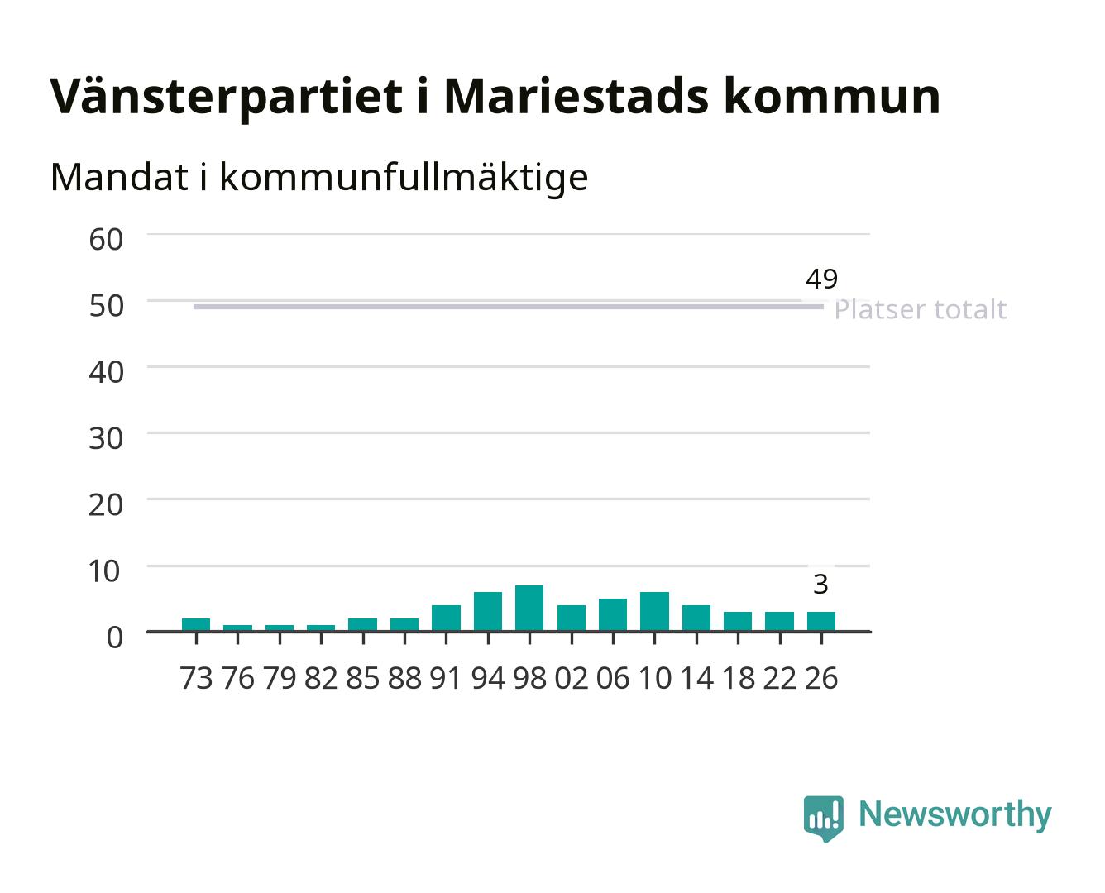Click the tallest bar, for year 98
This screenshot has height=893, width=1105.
(529, 608)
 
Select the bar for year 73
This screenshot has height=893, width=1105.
(196, 624)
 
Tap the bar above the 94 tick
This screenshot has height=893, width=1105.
(488, 611)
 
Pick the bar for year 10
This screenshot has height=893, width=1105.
(654, 611)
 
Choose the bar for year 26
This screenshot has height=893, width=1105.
(821, 621)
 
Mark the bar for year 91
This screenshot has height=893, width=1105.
(446, 618)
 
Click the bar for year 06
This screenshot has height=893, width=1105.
(613, 614)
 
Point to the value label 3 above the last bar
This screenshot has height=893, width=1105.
(820, 585)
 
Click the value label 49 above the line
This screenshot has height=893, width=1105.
(822, 279)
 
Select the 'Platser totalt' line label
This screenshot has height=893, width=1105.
(921, 309)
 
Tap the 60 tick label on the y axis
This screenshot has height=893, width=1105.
(107, 240)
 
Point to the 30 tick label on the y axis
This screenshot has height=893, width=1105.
(107, 438)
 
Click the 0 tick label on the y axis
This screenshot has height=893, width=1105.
(115, 638)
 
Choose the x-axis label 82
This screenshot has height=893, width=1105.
(321, 678)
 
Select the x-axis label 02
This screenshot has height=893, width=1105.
(572, 678)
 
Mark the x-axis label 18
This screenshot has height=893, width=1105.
(739, 678)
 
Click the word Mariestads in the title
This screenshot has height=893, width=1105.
(576, 97)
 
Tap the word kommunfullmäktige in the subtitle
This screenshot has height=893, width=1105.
(404, 177)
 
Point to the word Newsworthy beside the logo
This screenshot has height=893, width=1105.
(955, 814)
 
